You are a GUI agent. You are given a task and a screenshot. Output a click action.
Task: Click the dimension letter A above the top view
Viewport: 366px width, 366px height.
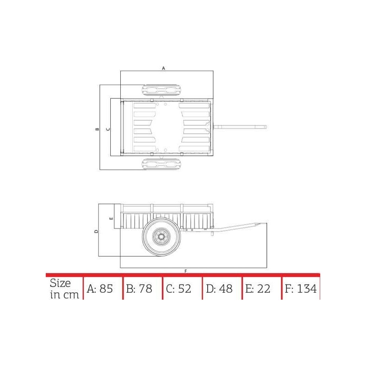[x=163, y=68]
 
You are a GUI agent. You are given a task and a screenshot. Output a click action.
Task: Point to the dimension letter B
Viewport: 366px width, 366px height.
[x=97, y=129]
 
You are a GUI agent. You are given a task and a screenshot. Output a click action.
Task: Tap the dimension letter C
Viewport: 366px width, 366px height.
[x=108, y=129]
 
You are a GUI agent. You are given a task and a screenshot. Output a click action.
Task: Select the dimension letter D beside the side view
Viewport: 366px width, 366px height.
[x=96, y=231]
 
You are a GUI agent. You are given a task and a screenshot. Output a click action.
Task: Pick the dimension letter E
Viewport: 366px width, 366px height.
[x=111, y=219]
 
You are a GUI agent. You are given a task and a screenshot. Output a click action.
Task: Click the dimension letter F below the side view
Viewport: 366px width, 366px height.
[x=186, y=271]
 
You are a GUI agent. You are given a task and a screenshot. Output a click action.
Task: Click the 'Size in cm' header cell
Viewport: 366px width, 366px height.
[x=64, y=289]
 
